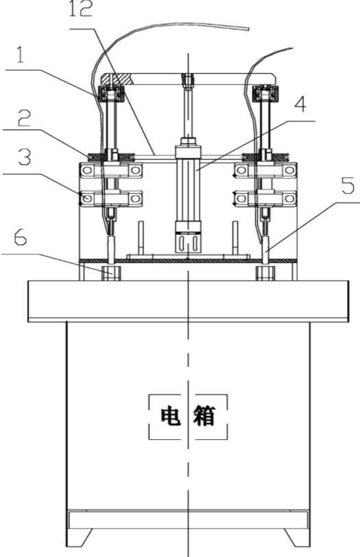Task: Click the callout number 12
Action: pos(80,8)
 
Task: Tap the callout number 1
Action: pos(20,55)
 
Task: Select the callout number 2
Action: pos(25,119)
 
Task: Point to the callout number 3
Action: pos(25,158)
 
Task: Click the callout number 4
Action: pos(300,104)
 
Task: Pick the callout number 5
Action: pos(348,186)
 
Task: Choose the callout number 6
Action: pos(21,237)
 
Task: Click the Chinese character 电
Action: pos(171,416)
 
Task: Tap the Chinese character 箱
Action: pos(204,416)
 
